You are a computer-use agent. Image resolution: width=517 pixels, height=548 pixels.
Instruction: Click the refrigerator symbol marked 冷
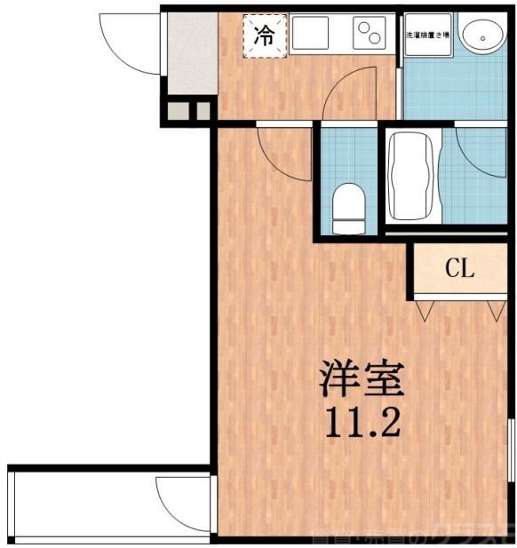click(x=265, y=36)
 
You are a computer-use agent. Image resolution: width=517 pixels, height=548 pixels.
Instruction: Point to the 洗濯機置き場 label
click(x=427, y=36)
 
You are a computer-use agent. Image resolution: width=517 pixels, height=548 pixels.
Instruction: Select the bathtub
click(x=414, y=175)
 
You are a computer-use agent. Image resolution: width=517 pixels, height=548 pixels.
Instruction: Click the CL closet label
click(x=459, y=269)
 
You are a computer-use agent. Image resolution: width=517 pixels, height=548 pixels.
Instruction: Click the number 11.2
click(x=362, y=422)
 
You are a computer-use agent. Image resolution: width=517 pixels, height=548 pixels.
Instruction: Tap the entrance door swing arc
click(x=124, y=44)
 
